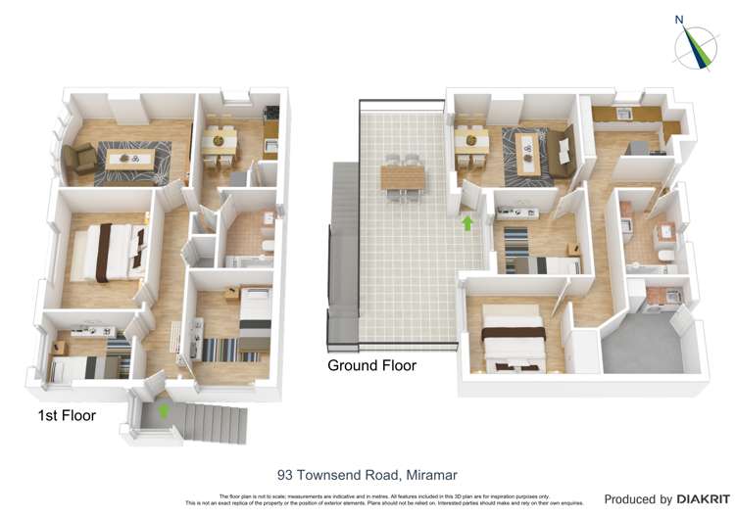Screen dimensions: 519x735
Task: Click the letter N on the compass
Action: point(679,18)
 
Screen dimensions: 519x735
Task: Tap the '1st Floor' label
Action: point(67,415)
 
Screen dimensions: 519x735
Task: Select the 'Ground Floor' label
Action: point(371,365)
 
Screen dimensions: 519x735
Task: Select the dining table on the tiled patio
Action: point(404,177)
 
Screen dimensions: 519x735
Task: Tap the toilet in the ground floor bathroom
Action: point(665,256)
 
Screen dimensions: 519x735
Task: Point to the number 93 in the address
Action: point(286,476)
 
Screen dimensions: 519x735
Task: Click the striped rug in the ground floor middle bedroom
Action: point(515,240)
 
